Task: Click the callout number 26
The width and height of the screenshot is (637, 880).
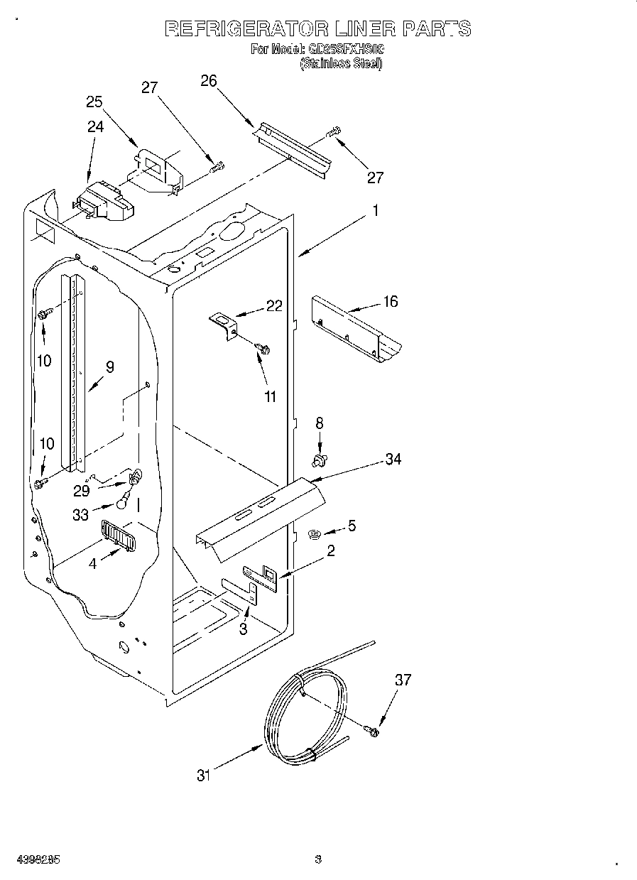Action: point(208,80)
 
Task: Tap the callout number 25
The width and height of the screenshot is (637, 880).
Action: point(94,102)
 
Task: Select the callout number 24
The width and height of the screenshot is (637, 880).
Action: point(95,126)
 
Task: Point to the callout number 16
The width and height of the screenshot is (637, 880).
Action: point(391,301)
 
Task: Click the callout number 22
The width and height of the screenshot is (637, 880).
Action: point(274,306)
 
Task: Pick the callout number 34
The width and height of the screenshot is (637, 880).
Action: point(393,460)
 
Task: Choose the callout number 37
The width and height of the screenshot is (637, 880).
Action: point(403,680)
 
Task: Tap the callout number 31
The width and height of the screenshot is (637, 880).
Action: point(204,776)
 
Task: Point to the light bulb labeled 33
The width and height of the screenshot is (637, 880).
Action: point(124,502)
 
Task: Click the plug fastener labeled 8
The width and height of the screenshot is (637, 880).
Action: point(320,461)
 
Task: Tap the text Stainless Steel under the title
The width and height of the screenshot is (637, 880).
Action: point(341,64)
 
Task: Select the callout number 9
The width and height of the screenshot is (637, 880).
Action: point(109,366)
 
